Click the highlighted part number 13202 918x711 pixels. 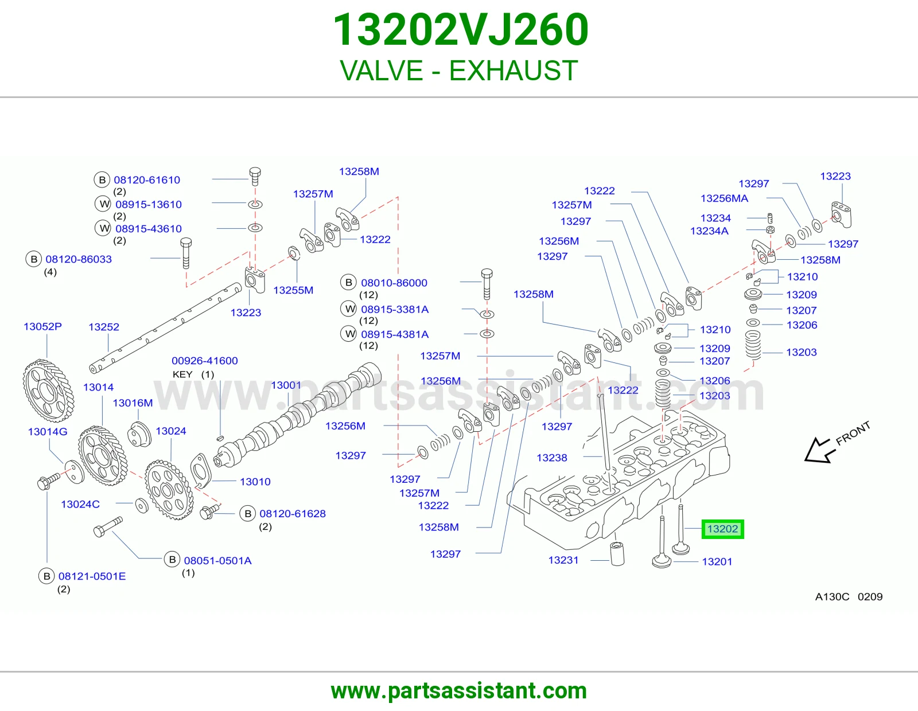(722, 529)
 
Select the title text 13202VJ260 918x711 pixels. (461, 30)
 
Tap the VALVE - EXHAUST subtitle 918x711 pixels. (459, 71)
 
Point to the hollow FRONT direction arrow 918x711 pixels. (819, 450)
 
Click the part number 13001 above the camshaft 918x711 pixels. (286, 385)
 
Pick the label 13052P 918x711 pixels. (42, 326)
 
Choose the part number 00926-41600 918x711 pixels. (204, 361)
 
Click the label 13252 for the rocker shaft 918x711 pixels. (104, 327)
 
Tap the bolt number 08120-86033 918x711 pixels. (79, 259)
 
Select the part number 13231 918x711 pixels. (563, 560)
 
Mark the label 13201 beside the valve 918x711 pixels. (717, 561)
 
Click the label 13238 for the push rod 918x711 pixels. (552, 458)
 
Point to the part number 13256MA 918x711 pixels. (724, 198)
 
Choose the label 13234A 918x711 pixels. (709, 231)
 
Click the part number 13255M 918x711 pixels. (293, 290)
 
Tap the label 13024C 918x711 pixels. (80, 504)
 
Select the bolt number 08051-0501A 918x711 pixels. (217, 561)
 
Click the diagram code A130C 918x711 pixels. (832, 596)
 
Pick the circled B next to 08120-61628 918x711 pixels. (248, 513)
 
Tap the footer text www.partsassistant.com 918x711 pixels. (459, 691)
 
